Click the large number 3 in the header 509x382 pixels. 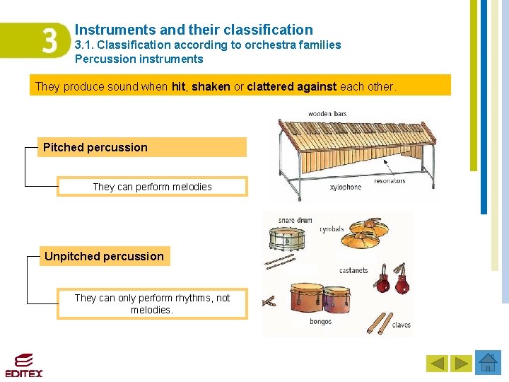click(50, 41)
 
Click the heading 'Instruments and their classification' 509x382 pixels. click(194, 30)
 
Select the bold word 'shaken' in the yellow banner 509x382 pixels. click(211, 86)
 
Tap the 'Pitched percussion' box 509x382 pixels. click(142, 147)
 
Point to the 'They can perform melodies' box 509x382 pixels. click(152, 187)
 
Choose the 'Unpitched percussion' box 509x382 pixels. click(104, 256)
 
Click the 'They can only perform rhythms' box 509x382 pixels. click(152, 304)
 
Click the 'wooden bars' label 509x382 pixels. click(327, 114)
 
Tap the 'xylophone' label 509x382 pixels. click(345, 187)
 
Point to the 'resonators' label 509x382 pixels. click(390, 181)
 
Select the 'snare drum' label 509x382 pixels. click(295, 221)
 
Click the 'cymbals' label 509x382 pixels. click(332, 229)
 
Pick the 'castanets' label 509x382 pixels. click(353, 270)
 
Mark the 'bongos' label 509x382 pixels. click(320, 322)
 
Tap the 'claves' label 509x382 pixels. click(401, 325)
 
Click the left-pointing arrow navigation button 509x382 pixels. click(438, 364)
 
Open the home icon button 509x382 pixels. click(488, 363)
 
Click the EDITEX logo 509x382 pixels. click(23, 365)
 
